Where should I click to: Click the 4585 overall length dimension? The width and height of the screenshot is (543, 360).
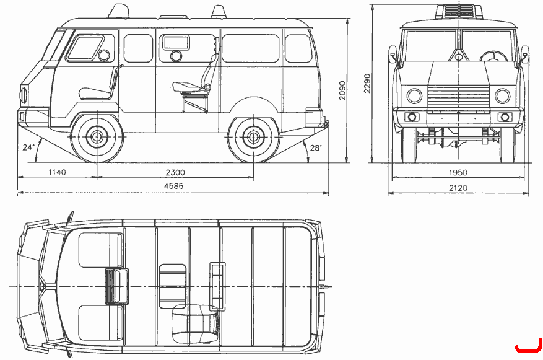[173, 186]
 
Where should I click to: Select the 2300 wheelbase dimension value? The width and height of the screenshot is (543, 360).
[175, 172]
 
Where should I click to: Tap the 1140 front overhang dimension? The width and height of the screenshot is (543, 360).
[57, 172]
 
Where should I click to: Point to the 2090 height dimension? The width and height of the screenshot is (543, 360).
[342, 90]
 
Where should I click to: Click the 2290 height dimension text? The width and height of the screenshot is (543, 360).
[367, 83]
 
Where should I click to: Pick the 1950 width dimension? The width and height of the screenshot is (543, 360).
[458, 172]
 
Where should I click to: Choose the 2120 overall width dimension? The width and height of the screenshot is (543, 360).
[458, 188]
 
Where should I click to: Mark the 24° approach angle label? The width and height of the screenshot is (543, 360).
[28, 147]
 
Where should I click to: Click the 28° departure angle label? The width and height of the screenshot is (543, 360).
[316, 148]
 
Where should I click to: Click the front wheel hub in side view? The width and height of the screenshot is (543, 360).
[97, 137]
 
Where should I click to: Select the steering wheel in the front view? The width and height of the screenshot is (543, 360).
[493, 57]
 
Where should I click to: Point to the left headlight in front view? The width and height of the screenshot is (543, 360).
[414, 95]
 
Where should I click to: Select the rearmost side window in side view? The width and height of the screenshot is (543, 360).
[298, 48]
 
